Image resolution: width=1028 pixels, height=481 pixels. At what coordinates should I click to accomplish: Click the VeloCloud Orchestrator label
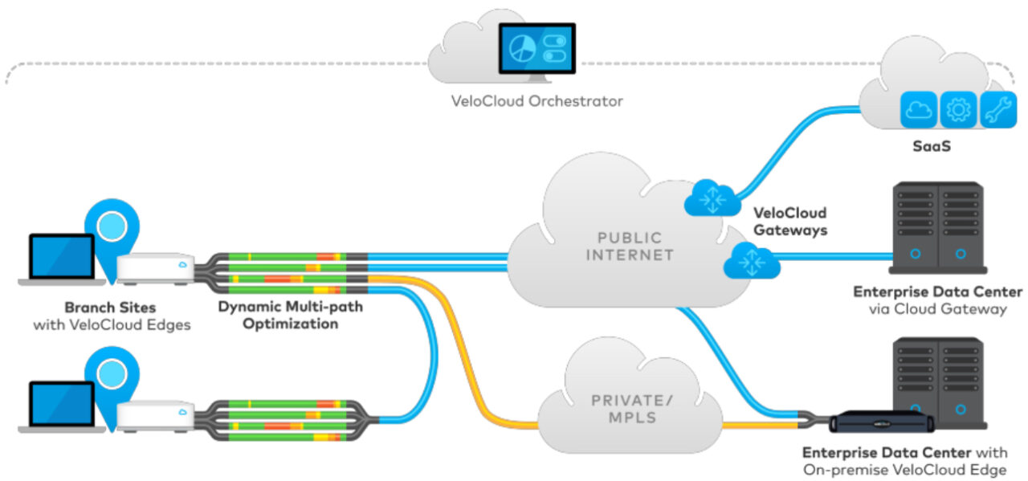pyautogui.click(x=536, y=102)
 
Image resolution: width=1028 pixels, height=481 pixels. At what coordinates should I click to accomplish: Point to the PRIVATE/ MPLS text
pyautogui.click(x=624, y=407)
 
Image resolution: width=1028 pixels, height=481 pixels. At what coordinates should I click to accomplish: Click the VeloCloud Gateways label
pyautogui.click(x=790, y=222)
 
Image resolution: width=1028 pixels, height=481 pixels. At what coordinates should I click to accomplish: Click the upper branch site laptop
pyautogui.click(x=62, y=259)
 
